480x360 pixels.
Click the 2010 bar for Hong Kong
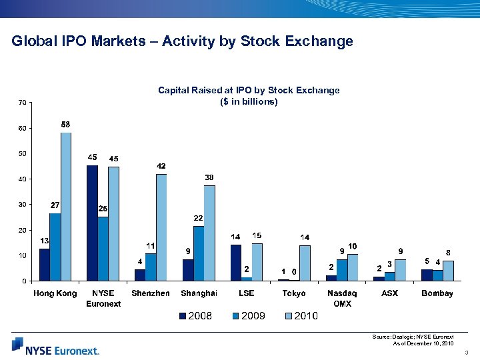pos(65,207)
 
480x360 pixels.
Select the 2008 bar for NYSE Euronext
pos(92,223)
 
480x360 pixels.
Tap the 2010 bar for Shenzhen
pos(161,227)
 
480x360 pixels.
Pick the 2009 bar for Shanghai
pos(199,253)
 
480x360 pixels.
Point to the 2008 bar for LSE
pos(235,263)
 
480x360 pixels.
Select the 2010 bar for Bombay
pos(448,271)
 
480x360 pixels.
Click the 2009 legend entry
pos(247,316)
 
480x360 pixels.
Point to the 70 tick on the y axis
pos(22,103)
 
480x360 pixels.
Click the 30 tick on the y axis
pos(22,205)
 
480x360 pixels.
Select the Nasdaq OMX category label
pos(341,298)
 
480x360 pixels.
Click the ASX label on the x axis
pos(389,293)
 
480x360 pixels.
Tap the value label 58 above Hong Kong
pos(66,125)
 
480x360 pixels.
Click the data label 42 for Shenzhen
pos(161,166)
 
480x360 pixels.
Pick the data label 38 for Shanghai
pos(209,177)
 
